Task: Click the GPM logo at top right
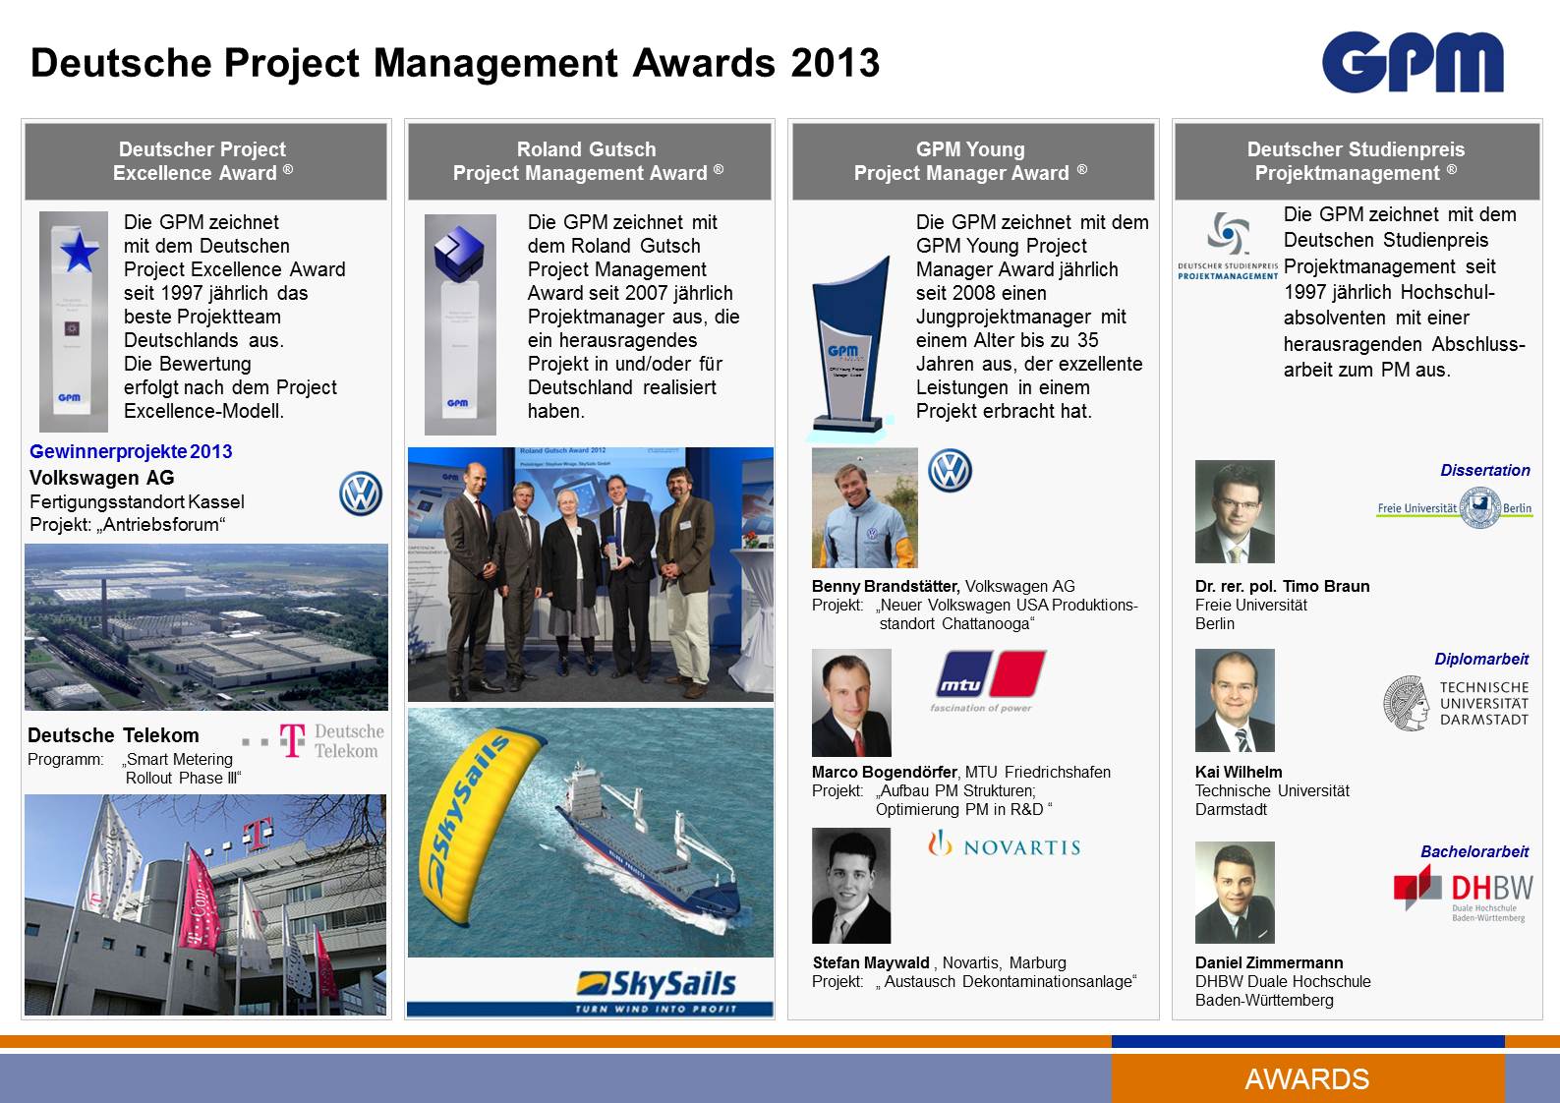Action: [1413, 62]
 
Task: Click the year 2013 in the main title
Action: [835, 63]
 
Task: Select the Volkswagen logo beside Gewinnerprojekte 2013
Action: [361, 493]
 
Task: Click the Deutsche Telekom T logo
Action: [292, 740]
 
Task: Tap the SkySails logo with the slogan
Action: [656, 990]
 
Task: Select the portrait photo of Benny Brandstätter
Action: [864, 507]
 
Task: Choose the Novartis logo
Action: [1005, 845]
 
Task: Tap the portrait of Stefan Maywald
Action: [851, 886]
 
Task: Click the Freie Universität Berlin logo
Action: [1454, 508]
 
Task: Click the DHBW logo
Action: [1463, 893]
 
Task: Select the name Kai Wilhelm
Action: [1239, 772]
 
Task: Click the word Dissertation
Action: [1484, 470]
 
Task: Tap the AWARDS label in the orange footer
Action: [1306, 1078]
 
